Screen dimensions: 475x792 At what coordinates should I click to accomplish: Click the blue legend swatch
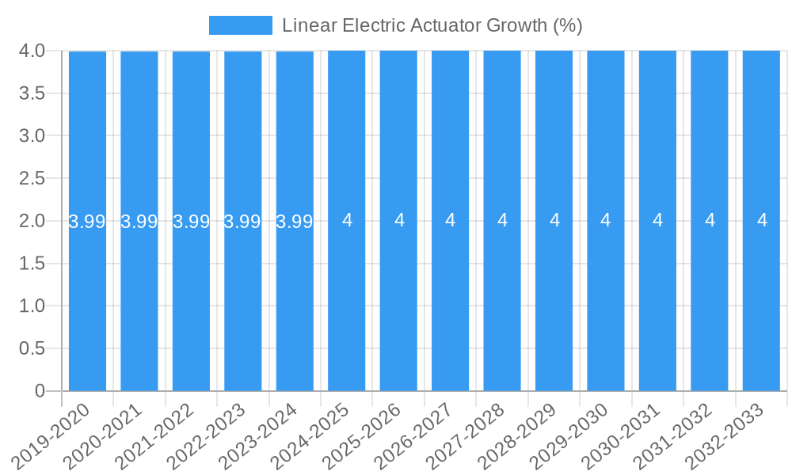240,25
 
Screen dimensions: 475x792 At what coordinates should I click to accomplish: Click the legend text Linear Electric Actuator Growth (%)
432,25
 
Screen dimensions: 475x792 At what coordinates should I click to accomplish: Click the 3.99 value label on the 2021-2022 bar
191,221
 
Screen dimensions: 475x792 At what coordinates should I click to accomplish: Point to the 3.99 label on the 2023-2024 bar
295,221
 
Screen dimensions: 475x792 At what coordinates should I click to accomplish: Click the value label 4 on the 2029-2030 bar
606,220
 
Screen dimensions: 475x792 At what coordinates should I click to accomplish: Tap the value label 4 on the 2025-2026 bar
399,220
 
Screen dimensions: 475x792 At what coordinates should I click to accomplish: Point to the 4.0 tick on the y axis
32,51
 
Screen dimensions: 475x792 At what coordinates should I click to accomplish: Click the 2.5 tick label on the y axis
32,178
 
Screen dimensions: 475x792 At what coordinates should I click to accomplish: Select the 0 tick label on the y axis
40,391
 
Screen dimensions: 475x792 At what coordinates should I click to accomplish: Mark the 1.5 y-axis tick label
32,264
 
